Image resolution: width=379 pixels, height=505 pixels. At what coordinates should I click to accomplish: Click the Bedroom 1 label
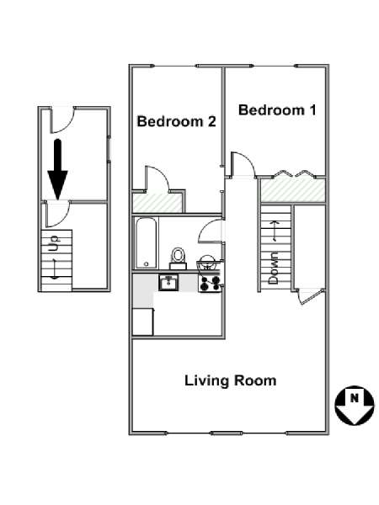click(277, 110)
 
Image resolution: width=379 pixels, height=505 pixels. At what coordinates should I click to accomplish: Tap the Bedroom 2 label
click(176, 121)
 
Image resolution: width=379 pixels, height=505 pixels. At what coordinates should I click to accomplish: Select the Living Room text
click(231, 380)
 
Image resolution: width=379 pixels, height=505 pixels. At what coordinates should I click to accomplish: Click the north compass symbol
click(355, 406)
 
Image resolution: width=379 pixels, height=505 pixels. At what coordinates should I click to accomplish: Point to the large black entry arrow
click(57, 169)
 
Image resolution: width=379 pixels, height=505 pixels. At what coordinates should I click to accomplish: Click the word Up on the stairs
click(53, 244)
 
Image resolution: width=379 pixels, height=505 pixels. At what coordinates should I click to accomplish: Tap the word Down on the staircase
click(273, 268)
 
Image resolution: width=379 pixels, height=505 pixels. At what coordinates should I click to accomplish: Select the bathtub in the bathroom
click(147, 243)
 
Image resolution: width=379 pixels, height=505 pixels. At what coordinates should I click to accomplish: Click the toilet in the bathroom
click(178, 258)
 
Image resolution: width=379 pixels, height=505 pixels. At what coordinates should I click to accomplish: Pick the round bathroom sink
click(206, 262)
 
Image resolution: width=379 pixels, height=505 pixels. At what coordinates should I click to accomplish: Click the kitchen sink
click(168, 283)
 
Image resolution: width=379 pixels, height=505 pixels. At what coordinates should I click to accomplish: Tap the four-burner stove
click(210, 284)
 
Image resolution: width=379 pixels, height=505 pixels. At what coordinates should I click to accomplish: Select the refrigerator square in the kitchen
click(143, 322)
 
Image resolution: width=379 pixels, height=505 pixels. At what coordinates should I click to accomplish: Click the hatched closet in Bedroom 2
click(158, 203)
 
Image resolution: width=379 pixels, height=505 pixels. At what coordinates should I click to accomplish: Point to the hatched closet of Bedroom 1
click(292, 190)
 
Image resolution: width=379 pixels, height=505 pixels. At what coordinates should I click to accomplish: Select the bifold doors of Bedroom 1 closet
click(293, 174)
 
